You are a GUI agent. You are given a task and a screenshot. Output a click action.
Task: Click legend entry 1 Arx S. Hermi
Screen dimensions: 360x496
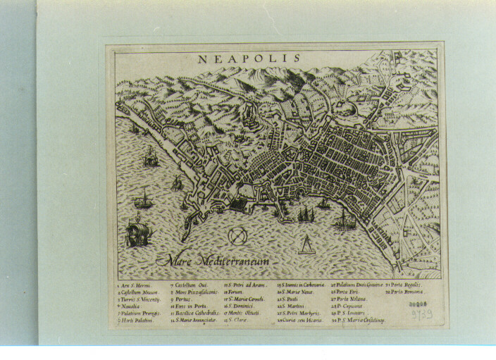point(135,285)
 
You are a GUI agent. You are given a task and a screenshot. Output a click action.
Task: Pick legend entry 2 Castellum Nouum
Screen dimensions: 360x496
point(138,293)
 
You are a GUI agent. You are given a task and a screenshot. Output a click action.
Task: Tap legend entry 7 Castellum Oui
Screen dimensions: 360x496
point(188,285)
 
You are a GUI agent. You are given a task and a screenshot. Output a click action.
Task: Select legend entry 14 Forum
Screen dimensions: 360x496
point(235,292)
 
